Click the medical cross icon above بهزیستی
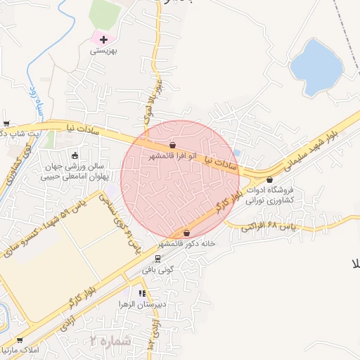[104, 39]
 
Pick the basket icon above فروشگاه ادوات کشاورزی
[270, 180]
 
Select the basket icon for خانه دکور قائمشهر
[186, 233]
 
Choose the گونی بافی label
[157, 269]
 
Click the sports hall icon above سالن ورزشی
[75, 155]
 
